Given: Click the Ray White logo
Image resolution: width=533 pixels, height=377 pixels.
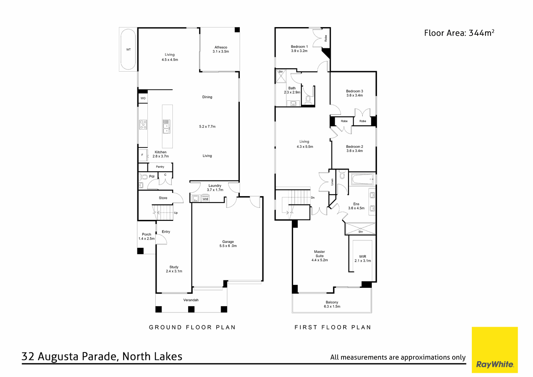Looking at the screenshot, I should pos(495,350).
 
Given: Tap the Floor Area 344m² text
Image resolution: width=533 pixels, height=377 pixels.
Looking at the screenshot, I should pos(459,33).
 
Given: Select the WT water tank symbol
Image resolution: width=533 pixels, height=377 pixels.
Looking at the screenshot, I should pos(128,50).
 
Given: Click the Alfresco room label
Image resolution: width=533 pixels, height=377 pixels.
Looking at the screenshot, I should pos(221,49).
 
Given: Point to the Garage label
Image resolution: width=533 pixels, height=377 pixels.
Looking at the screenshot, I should pos(228,244).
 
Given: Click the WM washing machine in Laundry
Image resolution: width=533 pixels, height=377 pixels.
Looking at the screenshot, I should pos(205,199).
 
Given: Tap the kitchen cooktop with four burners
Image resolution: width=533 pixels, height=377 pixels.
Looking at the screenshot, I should pos(143,124).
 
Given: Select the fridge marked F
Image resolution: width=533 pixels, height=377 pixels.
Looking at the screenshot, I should pos(142,155).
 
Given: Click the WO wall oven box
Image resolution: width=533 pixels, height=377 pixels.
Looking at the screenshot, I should pos(143,98).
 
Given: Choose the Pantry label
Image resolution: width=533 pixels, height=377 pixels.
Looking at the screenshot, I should pos(160,167).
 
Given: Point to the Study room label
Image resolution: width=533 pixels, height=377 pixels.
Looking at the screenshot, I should pos(174,269).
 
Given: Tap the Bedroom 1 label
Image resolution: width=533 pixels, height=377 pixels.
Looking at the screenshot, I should pos(299,49).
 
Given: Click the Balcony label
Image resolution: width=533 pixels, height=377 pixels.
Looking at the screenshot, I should pos(332,304).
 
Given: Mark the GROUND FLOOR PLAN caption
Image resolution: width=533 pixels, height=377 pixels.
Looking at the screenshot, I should pos(192,327).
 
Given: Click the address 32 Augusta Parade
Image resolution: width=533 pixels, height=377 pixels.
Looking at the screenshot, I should pos(102,357).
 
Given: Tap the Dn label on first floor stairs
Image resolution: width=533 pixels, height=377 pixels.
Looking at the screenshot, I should pos(313,197).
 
